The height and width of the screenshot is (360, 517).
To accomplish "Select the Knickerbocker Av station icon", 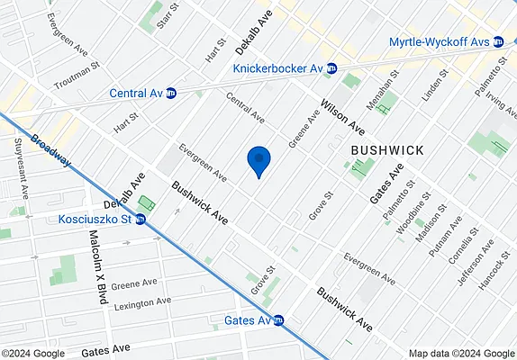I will click(331, 67).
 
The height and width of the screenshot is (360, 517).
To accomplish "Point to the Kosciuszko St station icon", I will click(141, 219).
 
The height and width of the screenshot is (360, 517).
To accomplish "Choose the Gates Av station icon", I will click(279, 320).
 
